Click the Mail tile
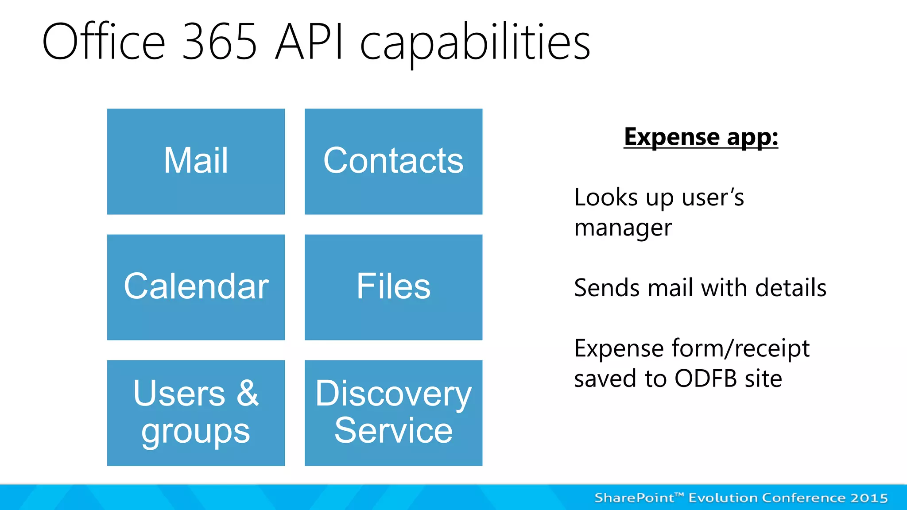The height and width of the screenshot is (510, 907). click(x=196, y=162)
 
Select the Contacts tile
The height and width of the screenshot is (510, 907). click(x=393, y=162)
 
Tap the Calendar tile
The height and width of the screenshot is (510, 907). click(x=196, y=287)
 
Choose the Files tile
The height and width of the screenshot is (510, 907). click(x=393, y=287)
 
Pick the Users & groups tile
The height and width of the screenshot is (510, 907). click(x=196, y=413)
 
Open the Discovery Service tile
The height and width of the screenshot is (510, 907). click(x=393, y=413)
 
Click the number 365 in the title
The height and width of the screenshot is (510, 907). click(x=219, y=42)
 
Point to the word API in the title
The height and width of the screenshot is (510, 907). click(x=309, y=42)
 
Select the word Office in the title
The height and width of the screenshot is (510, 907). click(x=104, y=42)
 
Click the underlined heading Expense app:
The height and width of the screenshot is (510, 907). click(x=701, y=137)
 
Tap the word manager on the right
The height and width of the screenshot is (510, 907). click(x=623, y=228)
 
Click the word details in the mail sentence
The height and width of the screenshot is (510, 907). click(x=791, y=288)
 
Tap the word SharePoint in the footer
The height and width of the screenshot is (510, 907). click(x=634, y=498)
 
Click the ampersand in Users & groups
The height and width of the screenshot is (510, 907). click(x=248, y=393)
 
